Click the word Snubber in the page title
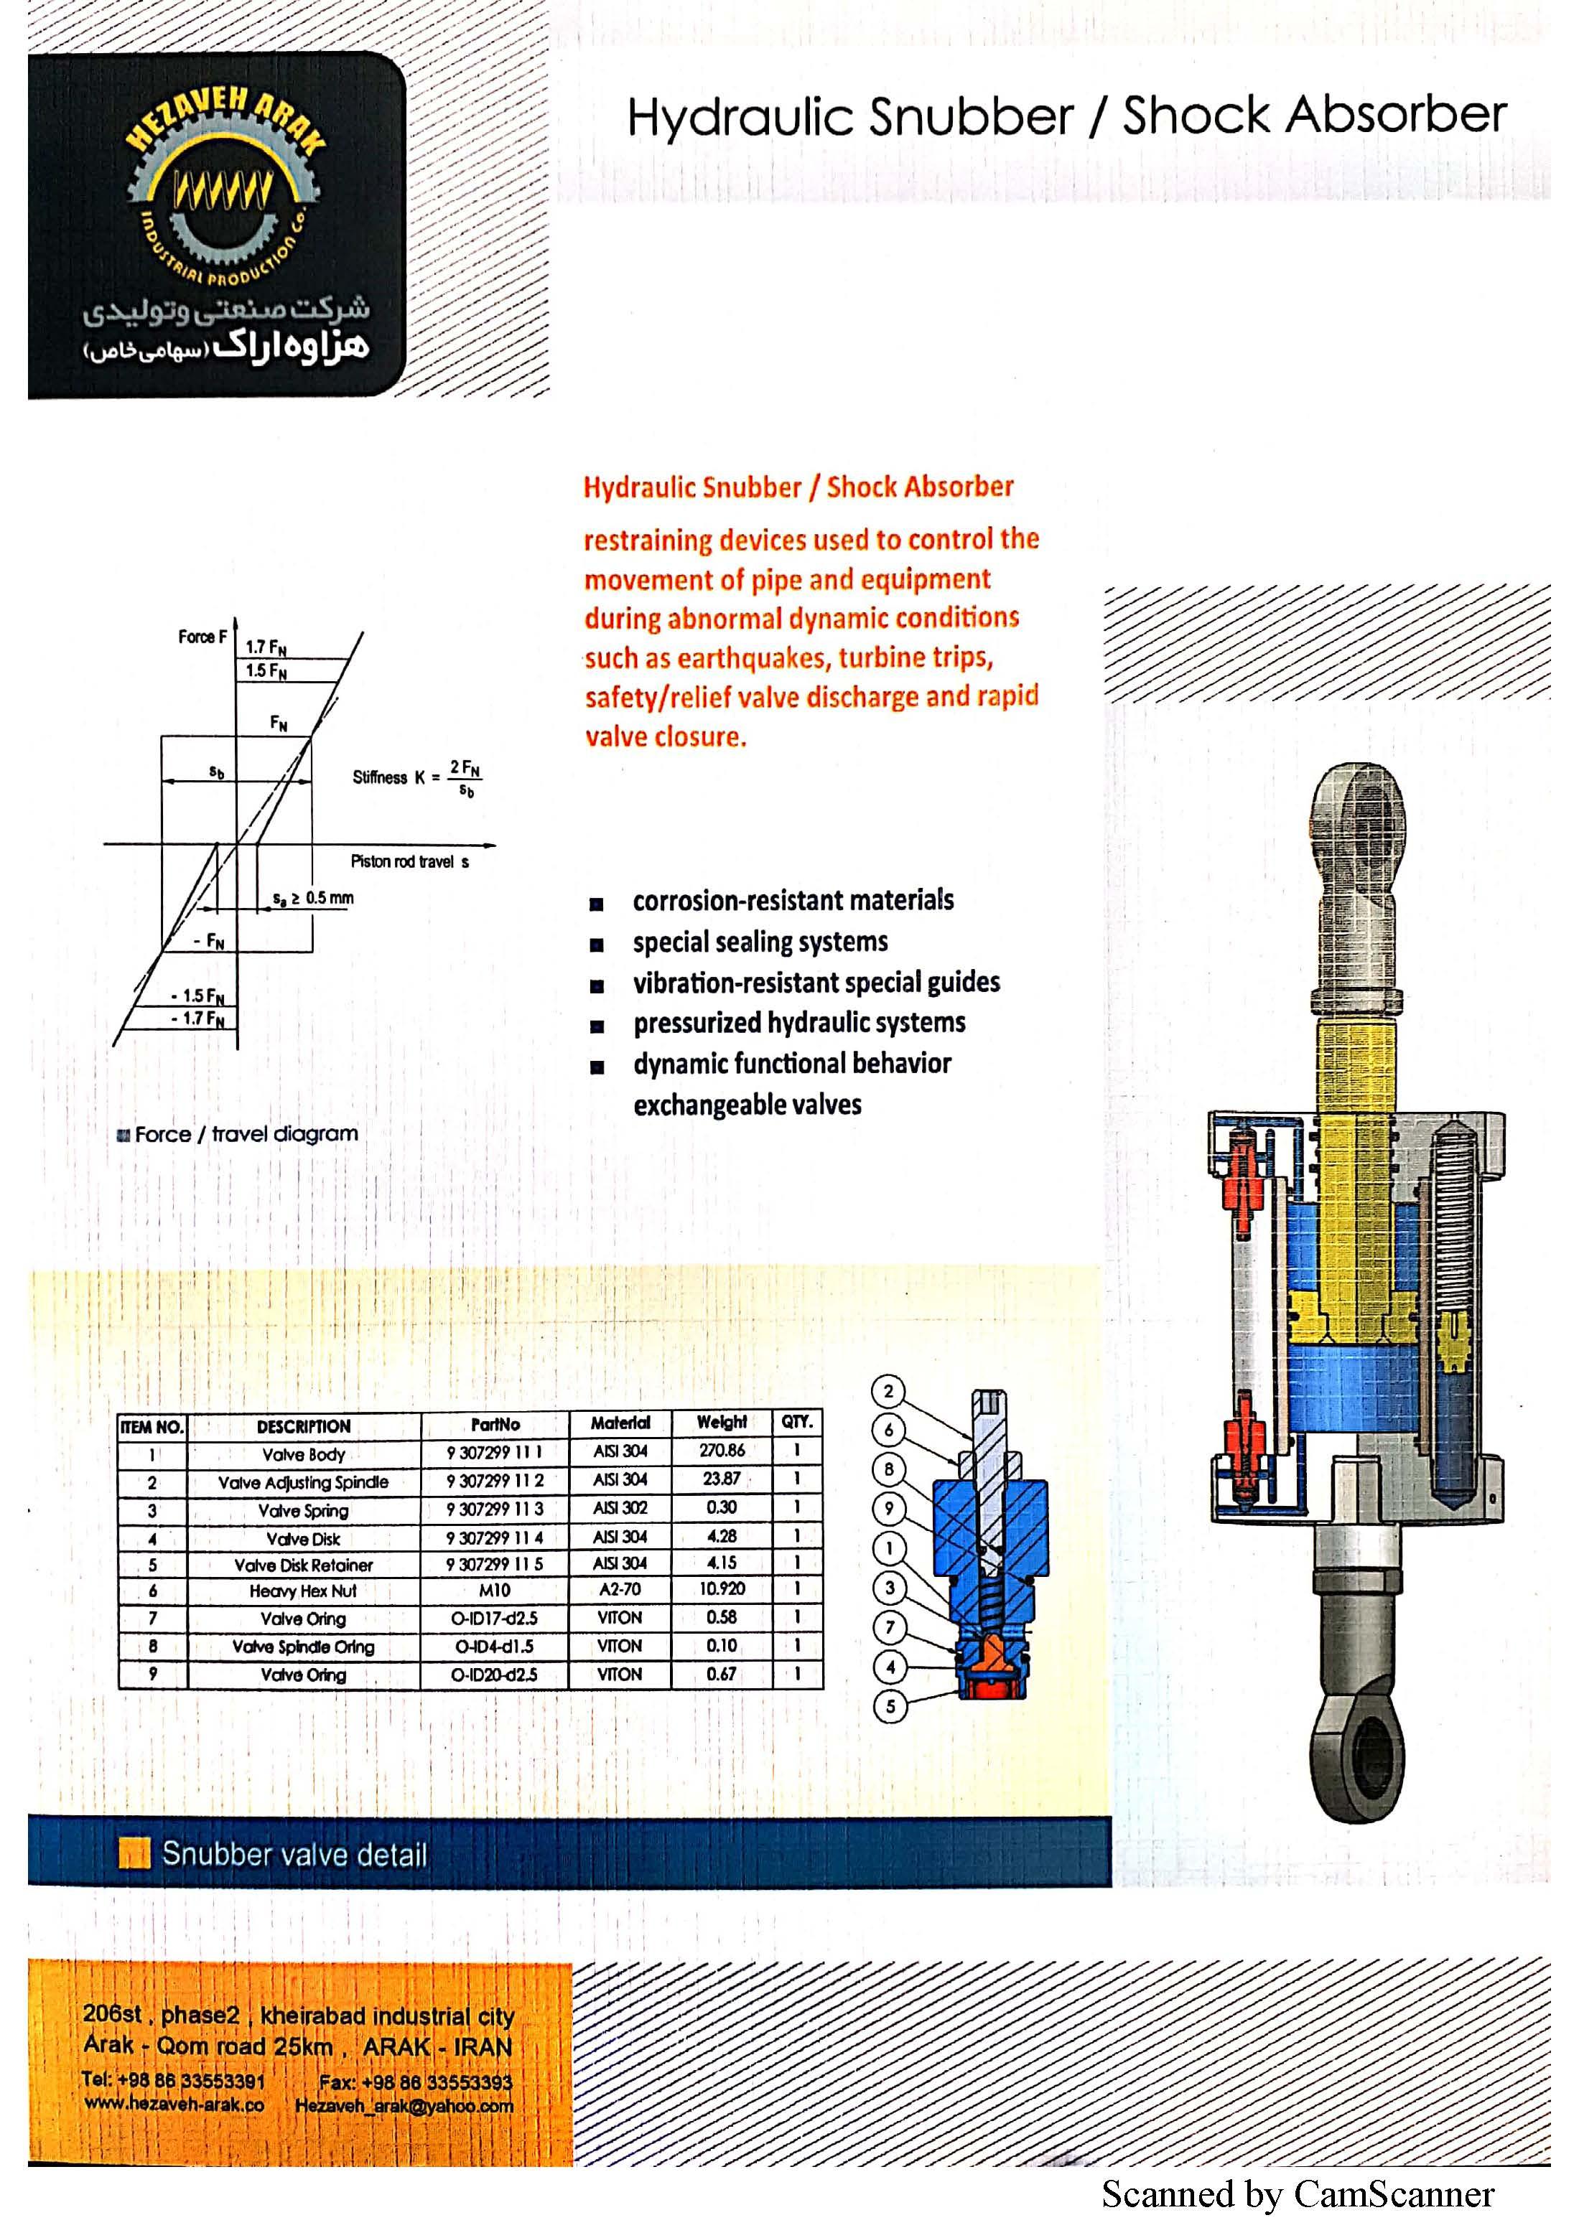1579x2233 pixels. click(x=971, y=118)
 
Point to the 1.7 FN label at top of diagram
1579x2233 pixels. click(x=265, y=647)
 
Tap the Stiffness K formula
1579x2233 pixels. click(x=416, y=778)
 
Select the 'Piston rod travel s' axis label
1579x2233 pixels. click(x=409, y=861)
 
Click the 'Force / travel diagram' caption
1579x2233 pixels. click(x=245, y=1134)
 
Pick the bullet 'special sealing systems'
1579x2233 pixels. click(x=760, y=942)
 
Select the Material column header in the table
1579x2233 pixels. click(x=620, y=1423)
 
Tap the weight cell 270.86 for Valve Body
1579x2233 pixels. click(x=721, y=1450)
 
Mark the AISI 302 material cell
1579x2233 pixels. click(x=620, y=1507)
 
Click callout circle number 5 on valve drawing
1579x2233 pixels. click(x=889, y=1706)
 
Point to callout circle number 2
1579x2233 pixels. click(x=888, y=1391)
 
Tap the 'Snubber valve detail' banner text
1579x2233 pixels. click(x=294, y=1855)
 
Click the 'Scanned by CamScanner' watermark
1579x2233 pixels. click(x=1297, y=2194)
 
